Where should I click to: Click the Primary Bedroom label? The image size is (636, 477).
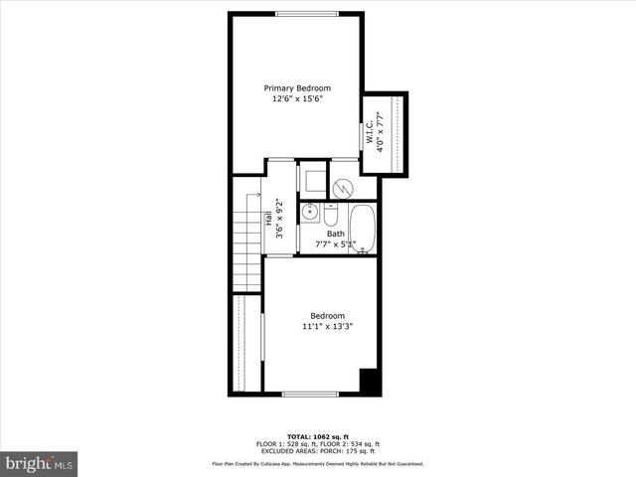click(x=297, y=87)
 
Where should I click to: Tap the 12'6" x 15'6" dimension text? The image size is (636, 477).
click(x=297, y=99)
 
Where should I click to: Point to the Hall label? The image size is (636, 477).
click(x=268, y=218)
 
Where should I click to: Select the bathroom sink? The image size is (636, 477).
click(x=310, y=212)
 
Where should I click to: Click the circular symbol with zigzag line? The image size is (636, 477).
click(x=343, y=186)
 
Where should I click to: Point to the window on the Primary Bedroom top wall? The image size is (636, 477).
click(x=304, y=13)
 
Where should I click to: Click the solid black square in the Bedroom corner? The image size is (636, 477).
click(x=369, y=382)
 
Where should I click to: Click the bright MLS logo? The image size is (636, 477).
click(x=40, y=463)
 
